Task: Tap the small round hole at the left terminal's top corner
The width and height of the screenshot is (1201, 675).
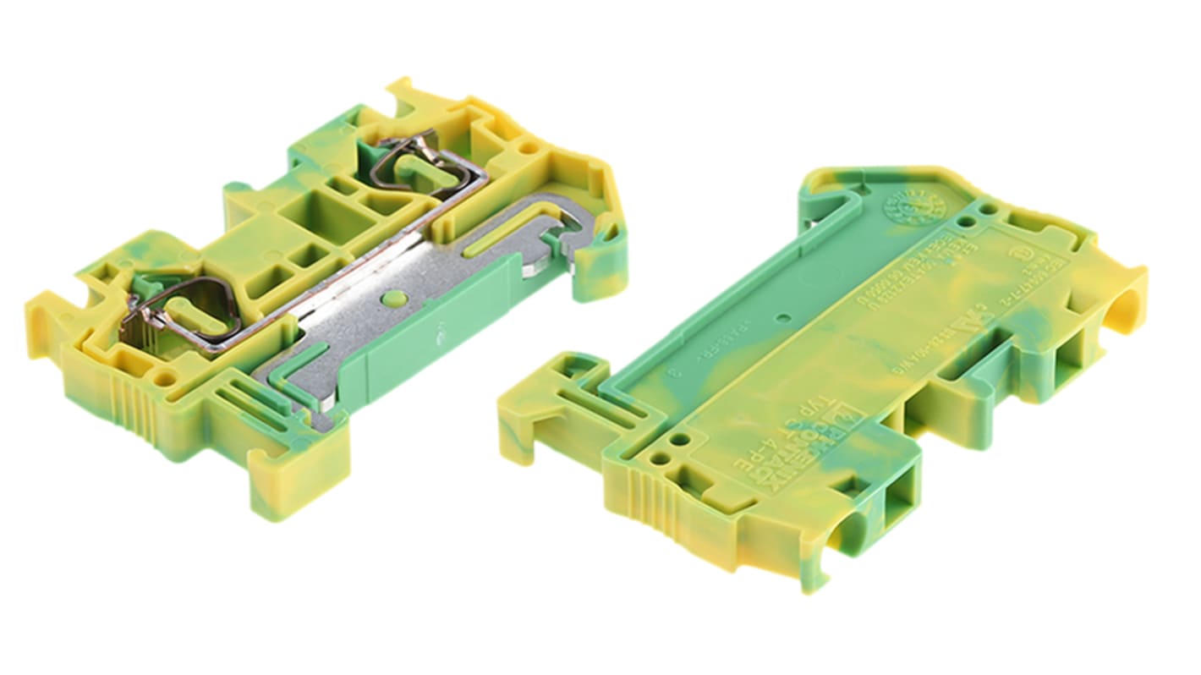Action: [x=529, y=147]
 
